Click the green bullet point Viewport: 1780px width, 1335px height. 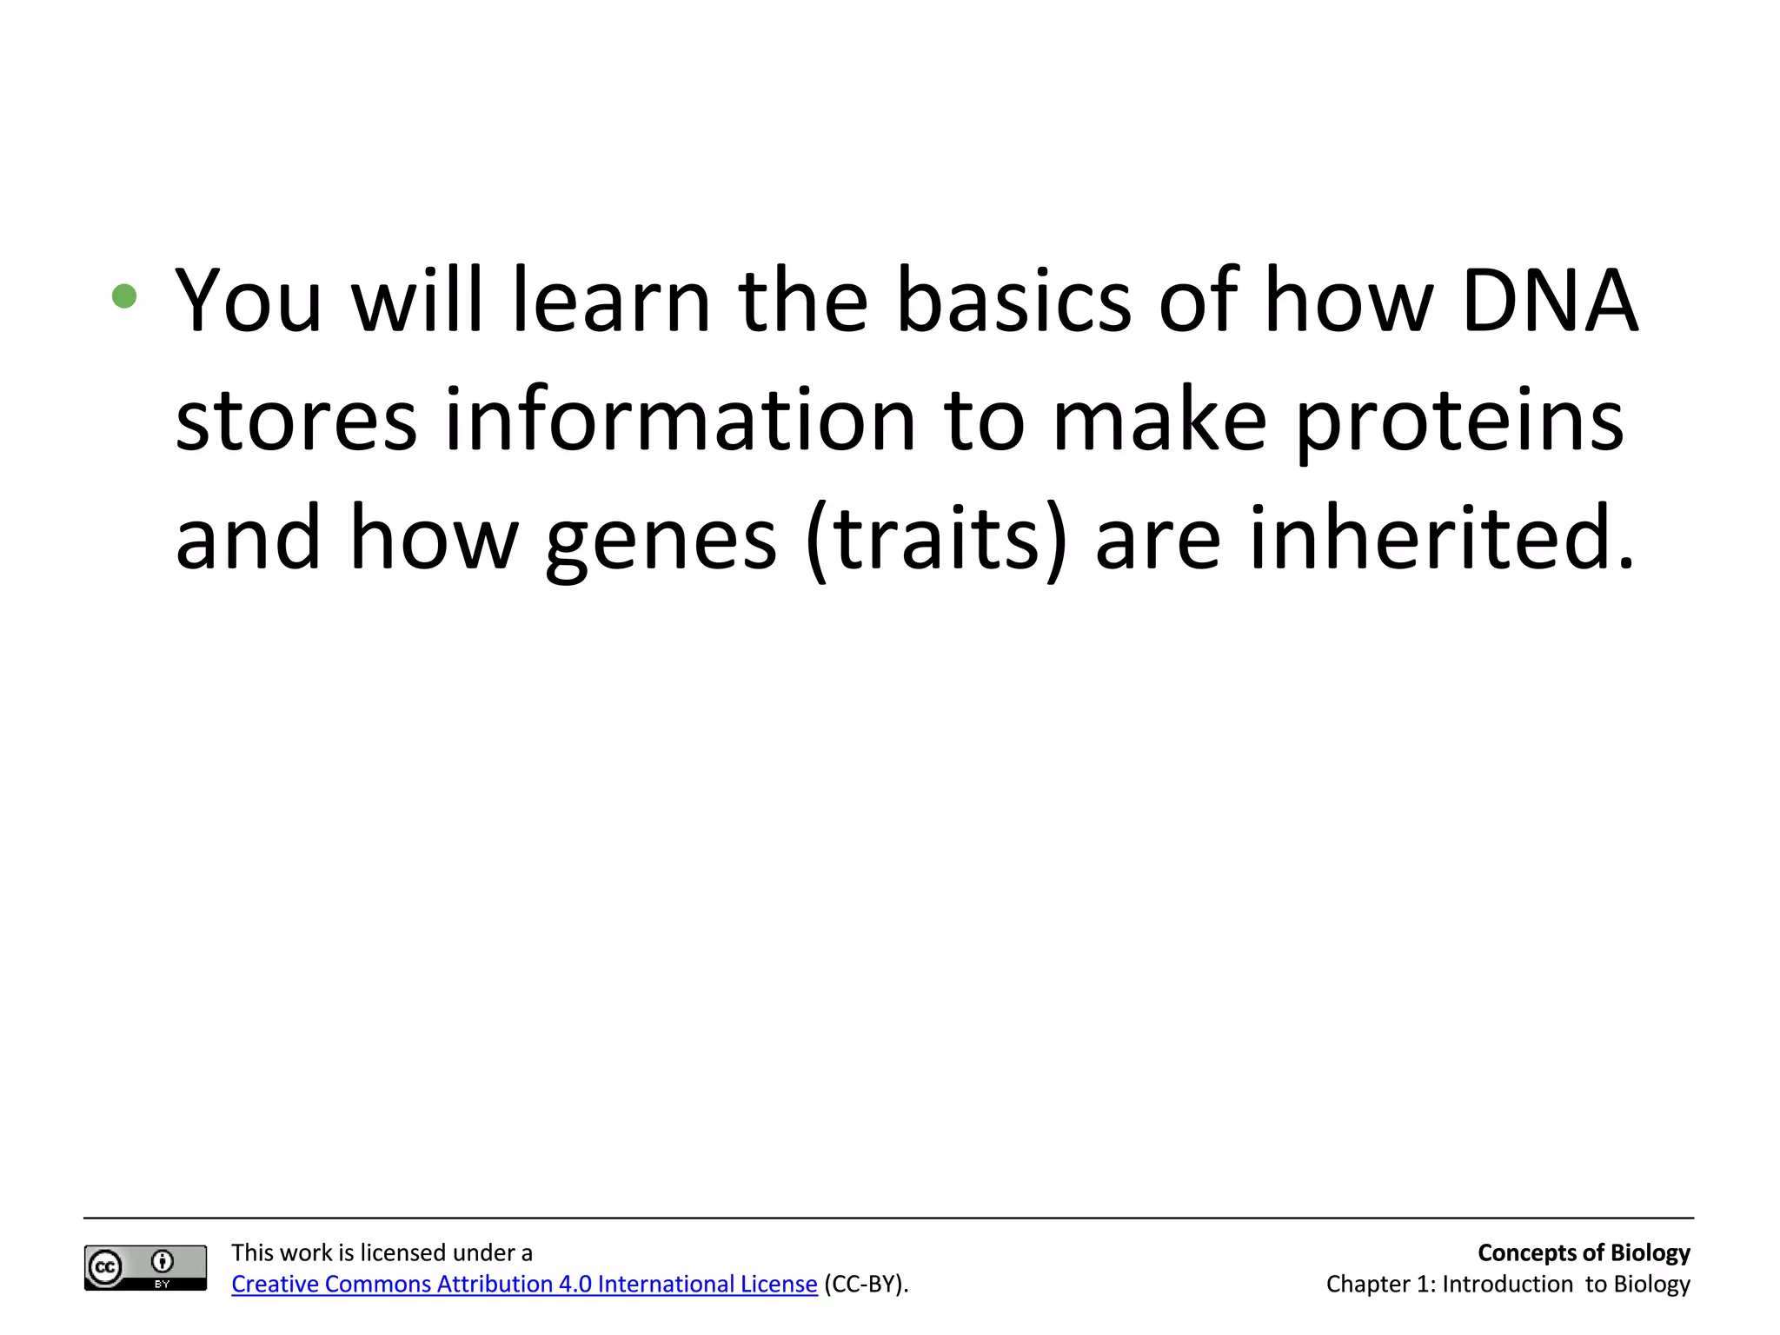124,296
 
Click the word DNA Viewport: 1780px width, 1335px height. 1550,301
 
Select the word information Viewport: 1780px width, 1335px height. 681,420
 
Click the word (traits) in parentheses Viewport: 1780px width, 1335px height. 936,539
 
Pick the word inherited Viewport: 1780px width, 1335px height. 1442,539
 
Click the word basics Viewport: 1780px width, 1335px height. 1013,301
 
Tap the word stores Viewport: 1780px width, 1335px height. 296,422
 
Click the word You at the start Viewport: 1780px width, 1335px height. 249,301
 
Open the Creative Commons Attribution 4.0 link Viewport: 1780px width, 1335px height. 524,1284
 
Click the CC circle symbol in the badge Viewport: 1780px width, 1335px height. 105,1267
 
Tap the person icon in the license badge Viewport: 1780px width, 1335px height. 163,1261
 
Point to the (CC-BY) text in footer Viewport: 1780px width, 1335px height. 866,1284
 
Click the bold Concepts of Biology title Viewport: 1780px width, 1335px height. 1583,1252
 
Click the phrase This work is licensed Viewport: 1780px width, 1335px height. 330,1252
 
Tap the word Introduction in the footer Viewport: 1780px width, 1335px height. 1507,1284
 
